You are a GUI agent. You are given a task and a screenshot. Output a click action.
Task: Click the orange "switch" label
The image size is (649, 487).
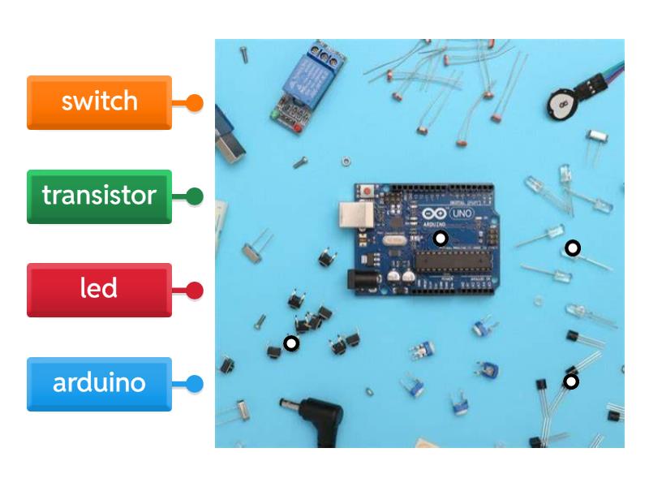(x=99, y=102)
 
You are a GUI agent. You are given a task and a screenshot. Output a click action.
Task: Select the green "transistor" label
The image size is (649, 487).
(x=99, y=196)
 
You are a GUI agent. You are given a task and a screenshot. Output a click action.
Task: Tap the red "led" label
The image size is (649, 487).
(x=99, y=289)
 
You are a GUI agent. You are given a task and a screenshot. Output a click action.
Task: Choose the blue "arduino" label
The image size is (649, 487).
(x=99, y=383)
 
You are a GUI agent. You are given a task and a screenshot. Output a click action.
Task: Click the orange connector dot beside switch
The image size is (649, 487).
(x=195, y=102)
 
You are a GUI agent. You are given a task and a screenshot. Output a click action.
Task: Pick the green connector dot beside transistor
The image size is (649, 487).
(x=195, y=196)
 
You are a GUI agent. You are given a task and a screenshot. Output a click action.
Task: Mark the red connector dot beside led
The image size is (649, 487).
(x=195, y=290)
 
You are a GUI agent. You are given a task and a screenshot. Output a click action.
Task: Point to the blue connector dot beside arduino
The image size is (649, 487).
(x=195, y=383)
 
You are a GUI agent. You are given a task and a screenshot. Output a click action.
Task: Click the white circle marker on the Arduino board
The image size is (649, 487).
(x=440, y=238)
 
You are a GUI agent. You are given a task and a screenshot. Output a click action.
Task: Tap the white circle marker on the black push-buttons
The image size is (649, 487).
(x=291, y=343)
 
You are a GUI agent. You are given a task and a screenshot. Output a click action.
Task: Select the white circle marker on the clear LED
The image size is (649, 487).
(x=573, y=248)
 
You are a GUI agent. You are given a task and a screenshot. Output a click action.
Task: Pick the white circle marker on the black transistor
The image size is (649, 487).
(x=571, y=381)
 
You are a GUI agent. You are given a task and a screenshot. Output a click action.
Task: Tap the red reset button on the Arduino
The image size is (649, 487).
(x=367, y=192)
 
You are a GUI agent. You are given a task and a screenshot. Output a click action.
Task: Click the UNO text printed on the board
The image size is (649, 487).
(x=461, y=213)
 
